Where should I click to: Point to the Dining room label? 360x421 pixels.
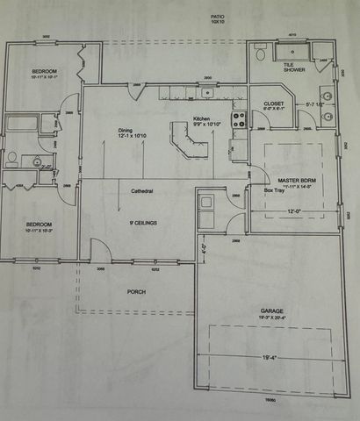126,132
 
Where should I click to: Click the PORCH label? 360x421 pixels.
136,292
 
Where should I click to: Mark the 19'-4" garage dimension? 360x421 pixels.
268,359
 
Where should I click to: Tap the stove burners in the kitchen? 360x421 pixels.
236,119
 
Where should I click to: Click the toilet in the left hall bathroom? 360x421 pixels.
11,159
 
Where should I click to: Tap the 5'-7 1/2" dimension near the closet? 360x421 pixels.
313,104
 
